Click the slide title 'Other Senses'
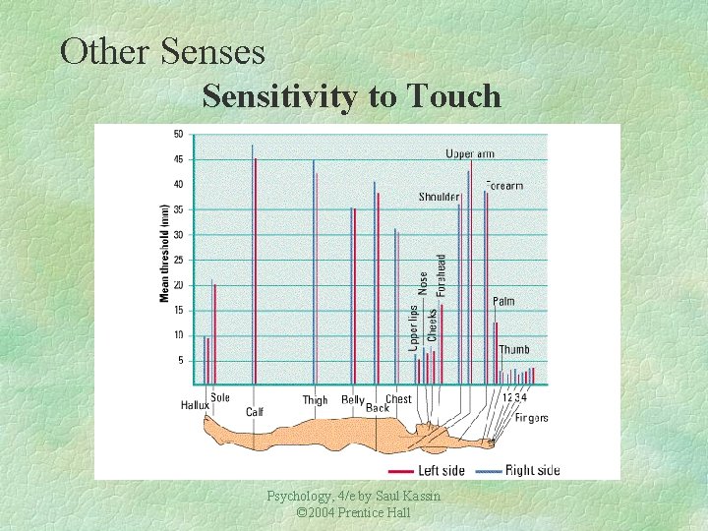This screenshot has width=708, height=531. point(162,50)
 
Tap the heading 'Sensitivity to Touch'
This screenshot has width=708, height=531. point(351,96)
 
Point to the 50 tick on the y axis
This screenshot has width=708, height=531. point(178,134)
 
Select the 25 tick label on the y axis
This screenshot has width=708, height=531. point(178,260)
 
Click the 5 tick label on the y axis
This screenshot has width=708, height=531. point(180,360)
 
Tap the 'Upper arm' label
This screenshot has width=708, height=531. point(470,153)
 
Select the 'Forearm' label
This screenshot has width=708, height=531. point(504,185)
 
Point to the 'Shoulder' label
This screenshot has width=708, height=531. point(439,197)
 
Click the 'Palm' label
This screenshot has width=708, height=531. point(503,302)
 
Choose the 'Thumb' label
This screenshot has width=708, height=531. point(513,350)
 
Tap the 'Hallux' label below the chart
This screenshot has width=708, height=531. point(195,405)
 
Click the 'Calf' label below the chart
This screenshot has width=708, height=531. point(255,412)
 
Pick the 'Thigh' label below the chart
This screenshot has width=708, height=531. point(315,400)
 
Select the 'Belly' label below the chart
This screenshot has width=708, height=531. point(353,400)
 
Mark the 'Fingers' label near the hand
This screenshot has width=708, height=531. point(531,418)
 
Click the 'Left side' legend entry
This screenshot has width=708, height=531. point(442,470)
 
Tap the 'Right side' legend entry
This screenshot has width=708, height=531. point(532,470)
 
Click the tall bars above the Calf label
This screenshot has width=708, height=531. point(254,265)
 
